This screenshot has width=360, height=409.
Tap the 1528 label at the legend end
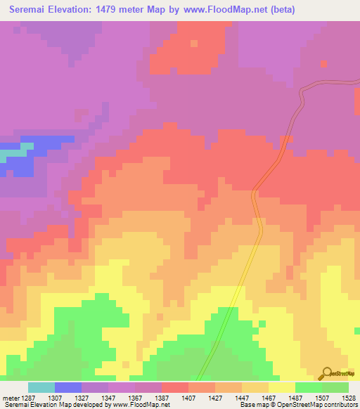point(348,397)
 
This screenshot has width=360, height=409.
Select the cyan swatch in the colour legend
point(41,387)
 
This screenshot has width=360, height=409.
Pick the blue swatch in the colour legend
point(68,387)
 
